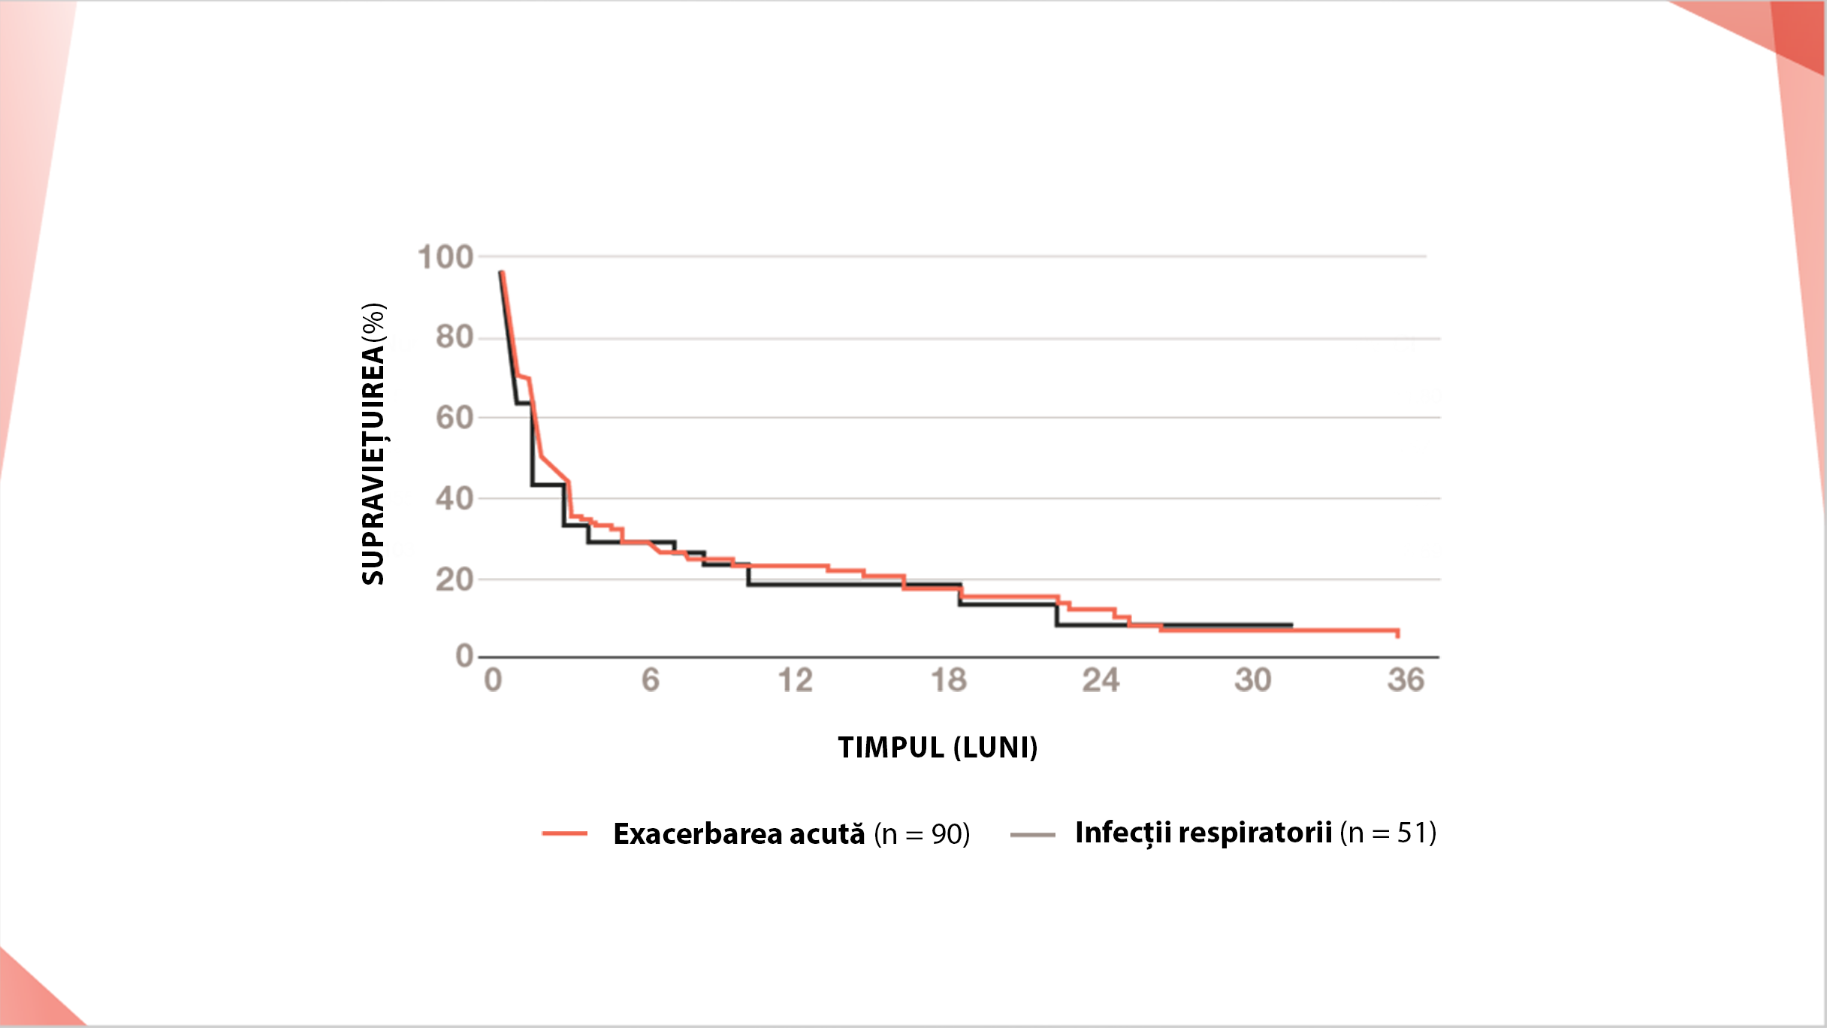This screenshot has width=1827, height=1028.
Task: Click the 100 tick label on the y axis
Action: tap(445, 257)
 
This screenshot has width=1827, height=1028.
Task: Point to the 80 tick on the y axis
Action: tap(454, 337)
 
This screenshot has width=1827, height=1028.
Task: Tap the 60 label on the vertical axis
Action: tap(454, 418)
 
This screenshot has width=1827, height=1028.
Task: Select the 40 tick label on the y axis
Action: tap(454, 498)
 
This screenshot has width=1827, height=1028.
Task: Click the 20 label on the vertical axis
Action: tap(454, 579)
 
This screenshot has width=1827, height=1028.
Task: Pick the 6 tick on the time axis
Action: tap(651, 680)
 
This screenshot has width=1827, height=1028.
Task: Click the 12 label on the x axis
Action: tap(796, 680)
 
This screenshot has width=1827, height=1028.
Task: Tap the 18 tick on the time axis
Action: tap(949, 680)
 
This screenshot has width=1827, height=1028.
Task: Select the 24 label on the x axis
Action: tap(1101, 680)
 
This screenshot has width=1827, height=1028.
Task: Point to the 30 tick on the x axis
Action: tap(1253, 680)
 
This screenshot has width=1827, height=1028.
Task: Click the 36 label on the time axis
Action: tap(1406, 680)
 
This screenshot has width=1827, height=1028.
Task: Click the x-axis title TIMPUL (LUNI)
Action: tap(938, 748)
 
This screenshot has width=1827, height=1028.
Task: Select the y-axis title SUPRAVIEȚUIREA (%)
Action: tap(373, 443)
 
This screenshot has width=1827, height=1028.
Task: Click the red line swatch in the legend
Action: tap(565, 833)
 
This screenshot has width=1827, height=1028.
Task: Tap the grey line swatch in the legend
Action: tap(1033, 834)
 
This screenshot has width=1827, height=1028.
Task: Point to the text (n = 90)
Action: tap(922, 834)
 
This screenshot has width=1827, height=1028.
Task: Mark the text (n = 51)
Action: tap(1388, 833)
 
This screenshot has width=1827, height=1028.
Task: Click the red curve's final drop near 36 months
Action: tap(1398, 633)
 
